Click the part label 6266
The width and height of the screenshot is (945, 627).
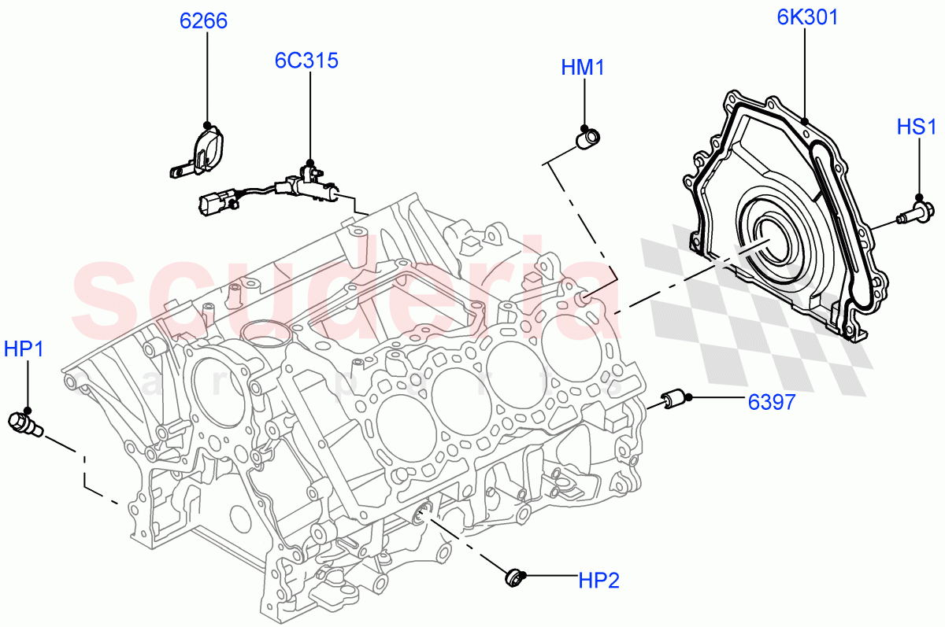[203, 21]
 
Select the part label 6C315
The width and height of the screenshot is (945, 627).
[306, 60]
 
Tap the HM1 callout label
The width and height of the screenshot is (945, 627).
[583, 68]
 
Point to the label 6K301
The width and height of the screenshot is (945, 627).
[807, 17]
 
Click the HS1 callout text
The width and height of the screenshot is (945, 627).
[917, 127]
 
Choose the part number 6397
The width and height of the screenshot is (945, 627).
[771, 402]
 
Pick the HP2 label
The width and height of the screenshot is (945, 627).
[598, 581]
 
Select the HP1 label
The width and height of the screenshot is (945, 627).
[24, 349]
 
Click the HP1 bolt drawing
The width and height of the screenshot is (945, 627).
[25, 424]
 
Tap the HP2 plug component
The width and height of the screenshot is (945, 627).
[514, 579]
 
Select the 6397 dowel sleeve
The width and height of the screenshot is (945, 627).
[675, 400]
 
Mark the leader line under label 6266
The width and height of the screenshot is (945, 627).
[207, 79]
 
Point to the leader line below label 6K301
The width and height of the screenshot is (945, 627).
[805, 75]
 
